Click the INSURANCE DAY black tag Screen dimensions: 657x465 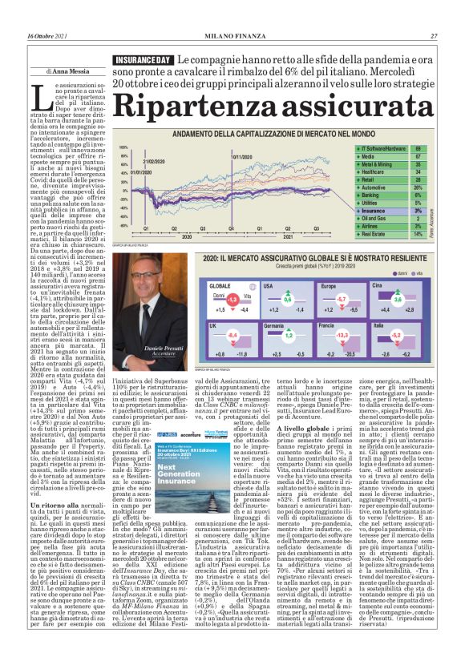click(x=142, y=61)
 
